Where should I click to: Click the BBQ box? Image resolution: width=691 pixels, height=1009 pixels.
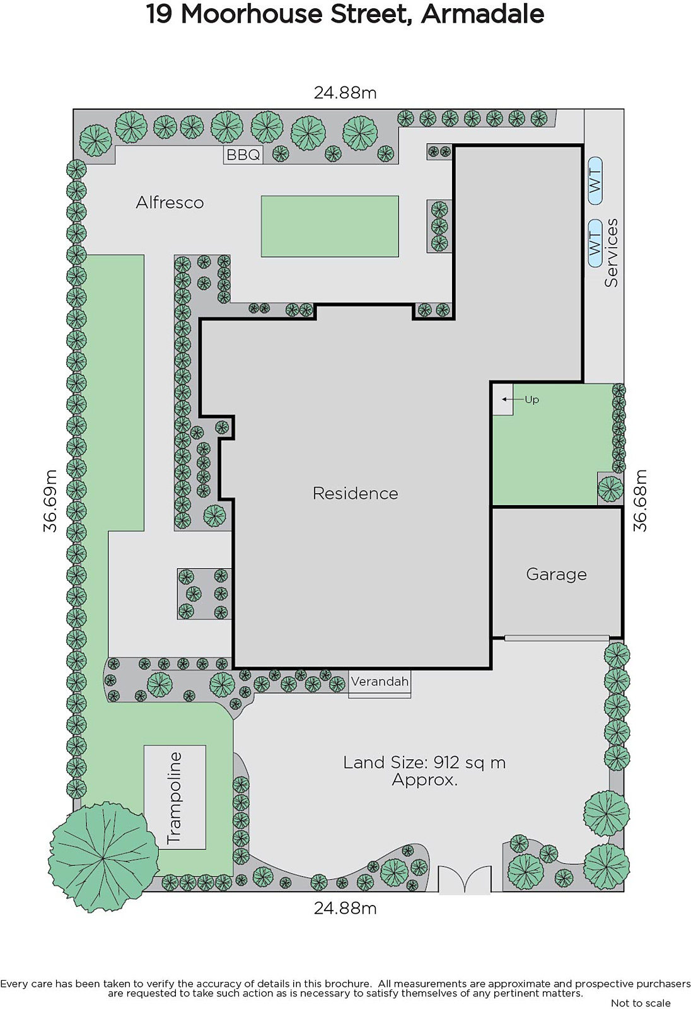pyautogui.click(x=243, y=155)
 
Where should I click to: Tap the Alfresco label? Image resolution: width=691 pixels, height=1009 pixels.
pyautogui.click(x=170, y=202)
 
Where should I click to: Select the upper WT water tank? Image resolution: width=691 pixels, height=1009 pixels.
pyautogui.click(x=595, y=181)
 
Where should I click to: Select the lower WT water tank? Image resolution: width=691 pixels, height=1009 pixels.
pyautogui.click(x=595, y=243)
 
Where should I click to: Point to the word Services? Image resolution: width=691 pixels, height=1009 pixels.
pyautogui.click(x=612, y=253)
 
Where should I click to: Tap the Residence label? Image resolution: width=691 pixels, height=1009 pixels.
pyautogui.click(x=356, y=493)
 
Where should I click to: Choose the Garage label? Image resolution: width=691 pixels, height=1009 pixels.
pyautogui.click(x=556, y=574)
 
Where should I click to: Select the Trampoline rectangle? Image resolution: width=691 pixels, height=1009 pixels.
pyautogui.click(x=175, y=797)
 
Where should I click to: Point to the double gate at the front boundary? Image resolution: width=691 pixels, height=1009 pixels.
pyautogui.click(x=465, y=879)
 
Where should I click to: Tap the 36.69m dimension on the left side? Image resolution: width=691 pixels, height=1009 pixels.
pyautogui.click(x=50, y=501)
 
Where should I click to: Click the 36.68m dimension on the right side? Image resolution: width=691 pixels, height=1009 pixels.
pyautogui.click(x=640, y=501)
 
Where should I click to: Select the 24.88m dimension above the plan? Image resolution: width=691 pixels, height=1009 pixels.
pyautogui.click(x=345, y=93)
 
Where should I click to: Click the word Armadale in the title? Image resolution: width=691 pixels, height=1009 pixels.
pyautogui.click(x=482, y=14)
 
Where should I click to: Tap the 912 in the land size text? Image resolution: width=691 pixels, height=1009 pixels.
pyautogui.click(x=446, y=762)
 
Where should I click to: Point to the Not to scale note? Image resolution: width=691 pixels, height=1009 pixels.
pyautogui.click(x=641, y=1003)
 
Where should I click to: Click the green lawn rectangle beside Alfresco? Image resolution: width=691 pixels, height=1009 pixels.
pyautogui.click(x=330, y=226)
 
